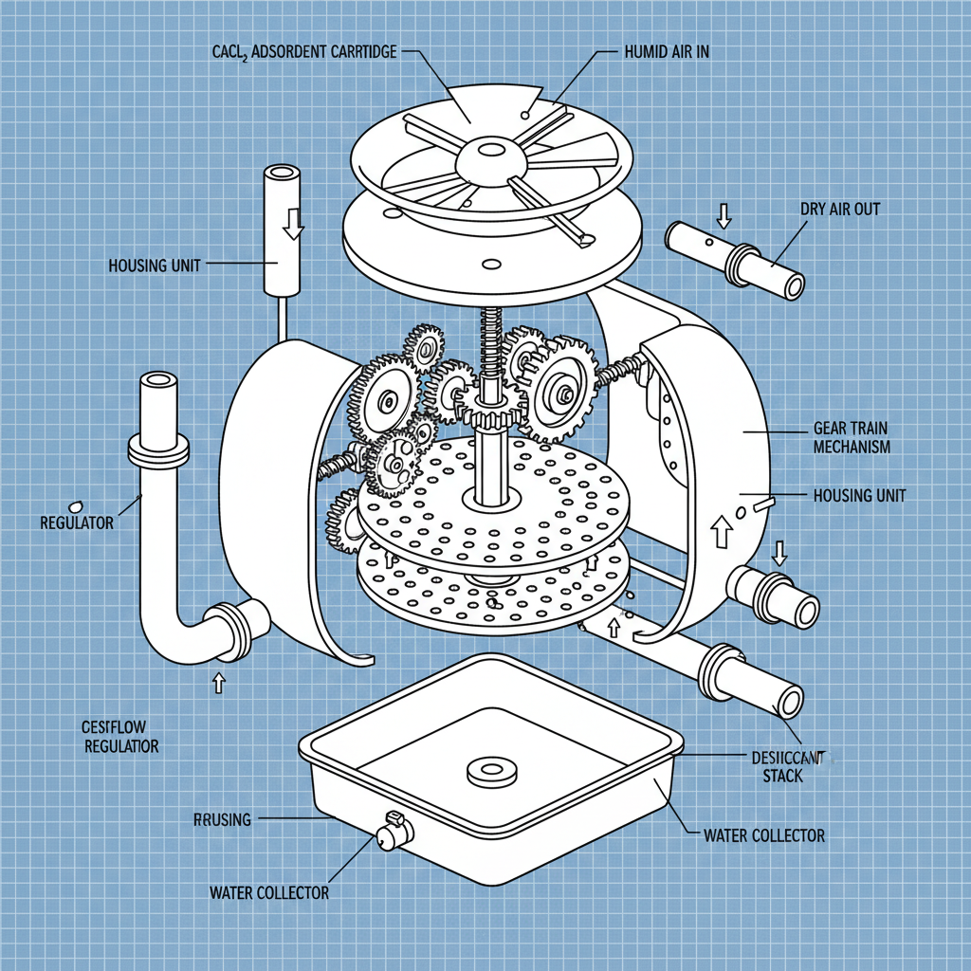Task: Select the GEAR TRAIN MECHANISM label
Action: click(x=852, y=437)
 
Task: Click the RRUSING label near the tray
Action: click(x=223, y=818)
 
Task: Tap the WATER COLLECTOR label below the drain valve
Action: click(x=268, y=892)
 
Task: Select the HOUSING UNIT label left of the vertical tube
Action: click(x=155, y=265)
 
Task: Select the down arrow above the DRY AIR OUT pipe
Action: click(x=724, y=215)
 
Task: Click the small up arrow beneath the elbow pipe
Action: click(x=220, y=680)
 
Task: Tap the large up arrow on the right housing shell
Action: click(x=720, y=530)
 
